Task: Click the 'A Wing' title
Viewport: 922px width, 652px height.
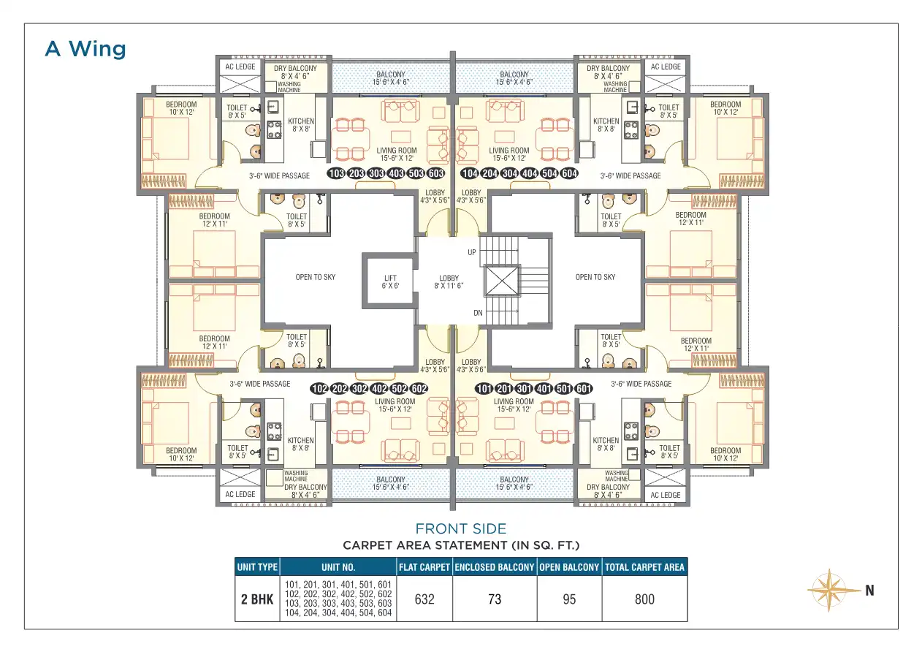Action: (85, 49)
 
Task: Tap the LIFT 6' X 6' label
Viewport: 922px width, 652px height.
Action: (390, 281)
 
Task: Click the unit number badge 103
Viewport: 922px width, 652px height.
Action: (336, 173)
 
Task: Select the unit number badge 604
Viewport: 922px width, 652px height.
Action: (570, 173)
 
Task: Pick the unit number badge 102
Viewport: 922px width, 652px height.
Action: (319, 388)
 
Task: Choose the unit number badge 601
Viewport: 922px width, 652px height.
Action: (584, 388)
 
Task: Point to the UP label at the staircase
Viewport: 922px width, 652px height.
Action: (472, 252)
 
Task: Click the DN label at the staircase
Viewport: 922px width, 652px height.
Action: (478, 313)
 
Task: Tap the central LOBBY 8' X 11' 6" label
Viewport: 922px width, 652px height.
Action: (449, 281)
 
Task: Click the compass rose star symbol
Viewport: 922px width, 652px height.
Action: (829, 590)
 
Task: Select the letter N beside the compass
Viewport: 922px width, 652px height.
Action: (869, 591)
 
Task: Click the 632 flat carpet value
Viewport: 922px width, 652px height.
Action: (424, 599)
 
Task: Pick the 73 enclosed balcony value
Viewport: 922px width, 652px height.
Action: (495, 599)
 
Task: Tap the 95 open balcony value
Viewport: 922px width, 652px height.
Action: (569, 599)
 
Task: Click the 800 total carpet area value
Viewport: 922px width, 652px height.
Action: (644, 599)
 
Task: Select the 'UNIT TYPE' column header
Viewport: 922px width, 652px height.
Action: (257, 567)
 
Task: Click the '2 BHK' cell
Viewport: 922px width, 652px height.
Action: (257, 599)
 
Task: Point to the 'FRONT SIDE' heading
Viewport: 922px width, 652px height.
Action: (460, 528)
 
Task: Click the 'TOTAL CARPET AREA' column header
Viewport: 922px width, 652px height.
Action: (644, 567)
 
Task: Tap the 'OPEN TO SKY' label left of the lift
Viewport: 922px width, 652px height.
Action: (316, 277)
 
